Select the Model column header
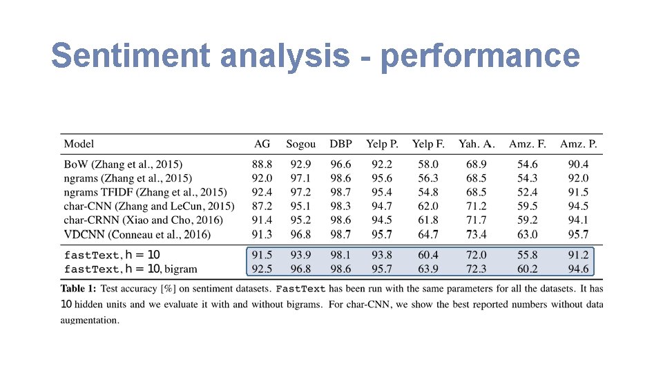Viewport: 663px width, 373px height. point(79,144)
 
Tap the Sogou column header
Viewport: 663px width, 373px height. point(300,144)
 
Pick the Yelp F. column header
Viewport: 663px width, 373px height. point(428,144)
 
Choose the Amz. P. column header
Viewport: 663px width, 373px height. point(579,144)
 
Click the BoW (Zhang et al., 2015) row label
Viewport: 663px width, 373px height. point(123,164)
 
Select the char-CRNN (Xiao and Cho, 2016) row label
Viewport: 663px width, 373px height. point(143,220)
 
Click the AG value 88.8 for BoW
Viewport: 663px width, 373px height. point(262,164)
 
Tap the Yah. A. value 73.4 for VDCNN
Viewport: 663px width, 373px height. point(476,234)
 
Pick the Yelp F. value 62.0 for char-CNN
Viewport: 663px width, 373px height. point(428,206)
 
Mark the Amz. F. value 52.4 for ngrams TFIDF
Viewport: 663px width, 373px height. point(528,192)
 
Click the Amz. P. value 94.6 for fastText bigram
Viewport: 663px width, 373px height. point(579,269)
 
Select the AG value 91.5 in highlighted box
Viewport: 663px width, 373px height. point(262,255)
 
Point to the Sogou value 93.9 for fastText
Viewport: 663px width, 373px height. point(300,255)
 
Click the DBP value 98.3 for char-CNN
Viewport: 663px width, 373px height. point(340,206)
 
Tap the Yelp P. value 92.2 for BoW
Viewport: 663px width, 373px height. point(382,164)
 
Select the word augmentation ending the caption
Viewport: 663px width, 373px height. point(90,320)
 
